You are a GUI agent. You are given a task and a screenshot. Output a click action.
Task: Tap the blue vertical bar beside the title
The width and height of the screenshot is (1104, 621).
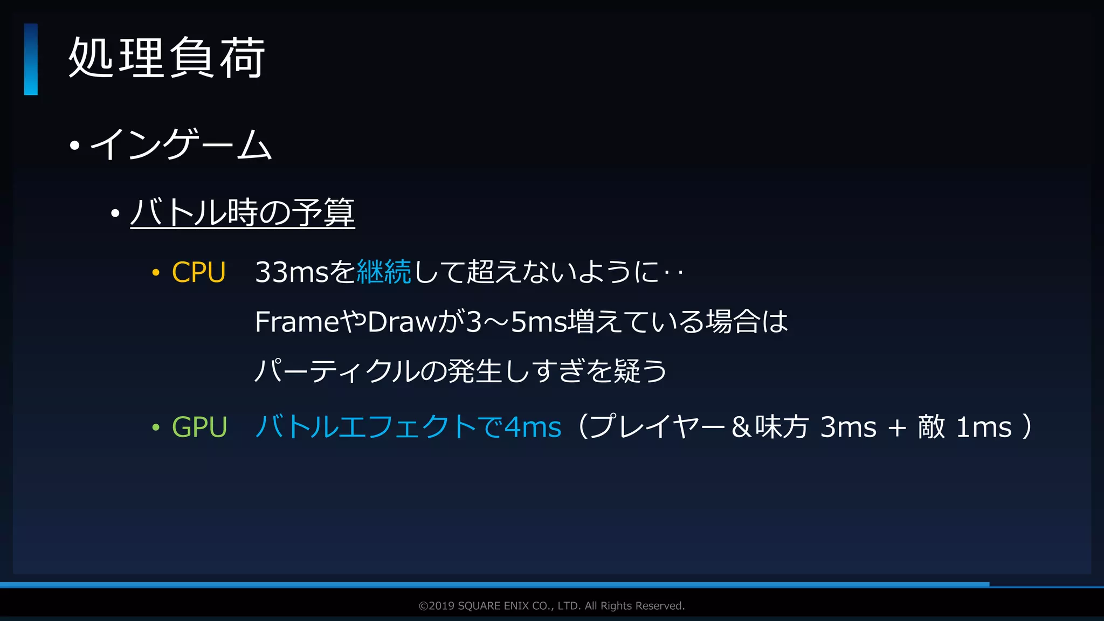[x=31, y=59]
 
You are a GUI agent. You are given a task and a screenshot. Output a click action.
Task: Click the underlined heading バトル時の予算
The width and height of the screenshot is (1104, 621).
[x=242, y=212]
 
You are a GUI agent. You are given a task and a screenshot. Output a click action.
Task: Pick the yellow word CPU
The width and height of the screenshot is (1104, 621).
[x=198, y=272]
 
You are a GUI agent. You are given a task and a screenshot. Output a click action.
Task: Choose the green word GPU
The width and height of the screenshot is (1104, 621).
[x=199, y=427]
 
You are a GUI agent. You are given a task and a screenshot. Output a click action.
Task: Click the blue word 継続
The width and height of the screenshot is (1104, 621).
[x=384, y=272]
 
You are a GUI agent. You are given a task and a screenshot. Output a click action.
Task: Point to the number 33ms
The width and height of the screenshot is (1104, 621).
[x=292, y=272]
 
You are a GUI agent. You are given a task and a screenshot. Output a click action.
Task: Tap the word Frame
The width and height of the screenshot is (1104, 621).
[x=296, y=322]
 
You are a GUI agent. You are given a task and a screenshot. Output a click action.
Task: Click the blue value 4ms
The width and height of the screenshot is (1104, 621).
[x=533, y=427]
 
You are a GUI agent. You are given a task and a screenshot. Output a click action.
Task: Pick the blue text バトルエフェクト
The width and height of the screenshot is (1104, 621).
[x=367, y=427]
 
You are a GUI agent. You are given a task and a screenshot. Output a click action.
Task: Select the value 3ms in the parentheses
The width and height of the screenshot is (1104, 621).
[x=848, y=427]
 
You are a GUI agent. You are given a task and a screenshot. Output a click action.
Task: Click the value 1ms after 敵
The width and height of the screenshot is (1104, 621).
[x=984, y=427]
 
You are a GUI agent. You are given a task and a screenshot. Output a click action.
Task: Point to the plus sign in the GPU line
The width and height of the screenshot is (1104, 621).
[x=897, y=428]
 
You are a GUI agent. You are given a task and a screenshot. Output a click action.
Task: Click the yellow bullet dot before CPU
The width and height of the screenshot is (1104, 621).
[x=156, y=273]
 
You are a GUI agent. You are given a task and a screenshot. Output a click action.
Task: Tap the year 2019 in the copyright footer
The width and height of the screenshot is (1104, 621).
[x=441, y=606]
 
